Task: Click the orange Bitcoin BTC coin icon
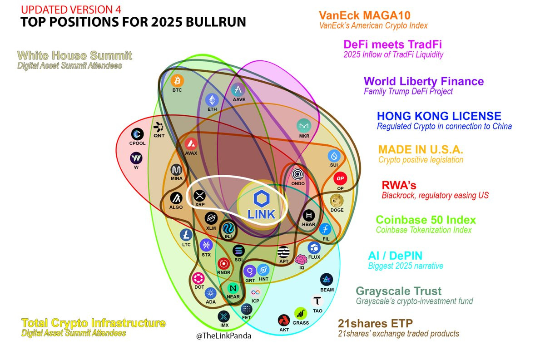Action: click(x=177, y=81)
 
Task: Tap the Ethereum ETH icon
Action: click(x=212, y=100)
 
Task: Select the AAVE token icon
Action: click(x=238, y=90)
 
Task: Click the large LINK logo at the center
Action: click(x=262, y=203)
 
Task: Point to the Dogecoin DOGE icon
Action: click(x=337, y=200)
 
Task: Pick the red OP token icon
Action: click(x=340, y=178)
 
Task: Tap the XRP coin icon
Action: click(x=200, y=196)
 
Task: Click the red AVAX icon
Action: click(x=191, y=144)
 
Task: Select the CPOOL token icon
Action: click(x=137, y=134)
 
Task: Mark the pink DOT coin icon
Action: click(x=199, y=278)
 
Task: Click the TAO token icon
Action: click(x=317, y=301)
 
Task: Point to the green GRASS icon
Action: click(x=300, y=313)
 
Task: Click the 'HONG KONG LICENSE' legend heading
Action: click(x=439, y=116)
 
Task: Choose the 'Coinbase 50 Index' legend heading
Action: click(x=426, y=220)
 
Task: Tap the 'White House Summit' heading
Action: click(x=74, y=56)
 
